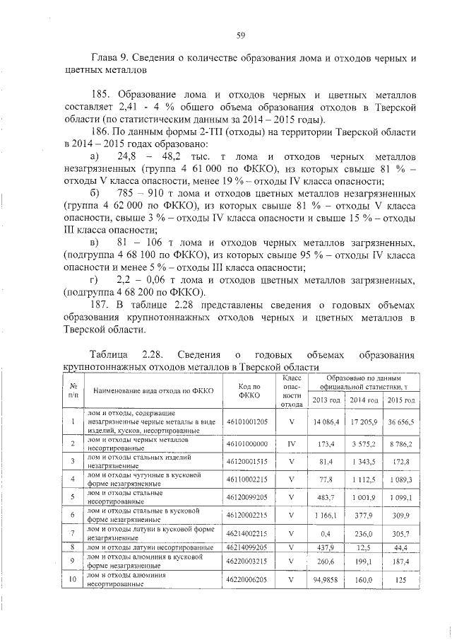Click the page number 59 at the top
coord(240,35)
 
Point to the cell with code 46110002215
coord(246,479)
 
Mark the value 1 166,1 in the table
coord(324,516)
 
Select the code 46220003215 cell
coord(246,564)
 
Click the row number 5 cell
coord(73,498)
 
